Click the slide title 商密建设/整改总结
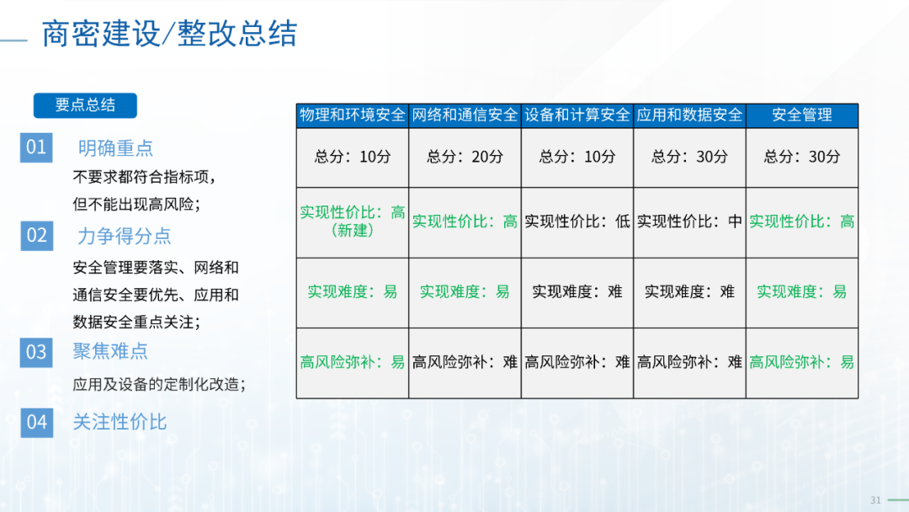click(169, 34)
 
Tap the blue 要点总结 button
click(85, 105)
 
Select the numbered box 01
click(36, 147)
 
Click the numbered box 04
click(36, 422)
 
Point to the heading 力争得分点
click(124, 236)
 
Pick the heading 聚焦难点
click(110, 351)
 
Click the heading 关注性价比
click(120, 422)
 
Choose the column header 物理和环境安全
click(353, 115)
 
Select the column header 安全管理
click(802, 115)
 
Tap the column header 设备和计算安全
click(577, 115)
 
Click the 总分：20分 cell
click(465, 157)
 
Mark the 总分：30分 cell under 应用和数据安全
click(690, 157)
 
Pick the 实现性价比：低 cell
click(577, 222)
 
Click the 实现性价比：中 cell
click(690, 222)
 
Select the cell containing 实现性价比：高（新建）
click(353, 222)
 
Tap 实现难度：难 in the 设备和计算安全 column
click(577, 292)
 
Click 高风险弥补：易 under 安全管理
click(802, 363)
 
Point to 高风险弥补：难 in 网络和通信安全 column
click(465, 363)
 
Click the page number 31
click(875, 500)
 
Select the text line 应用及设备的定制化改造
click(159, 384)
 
